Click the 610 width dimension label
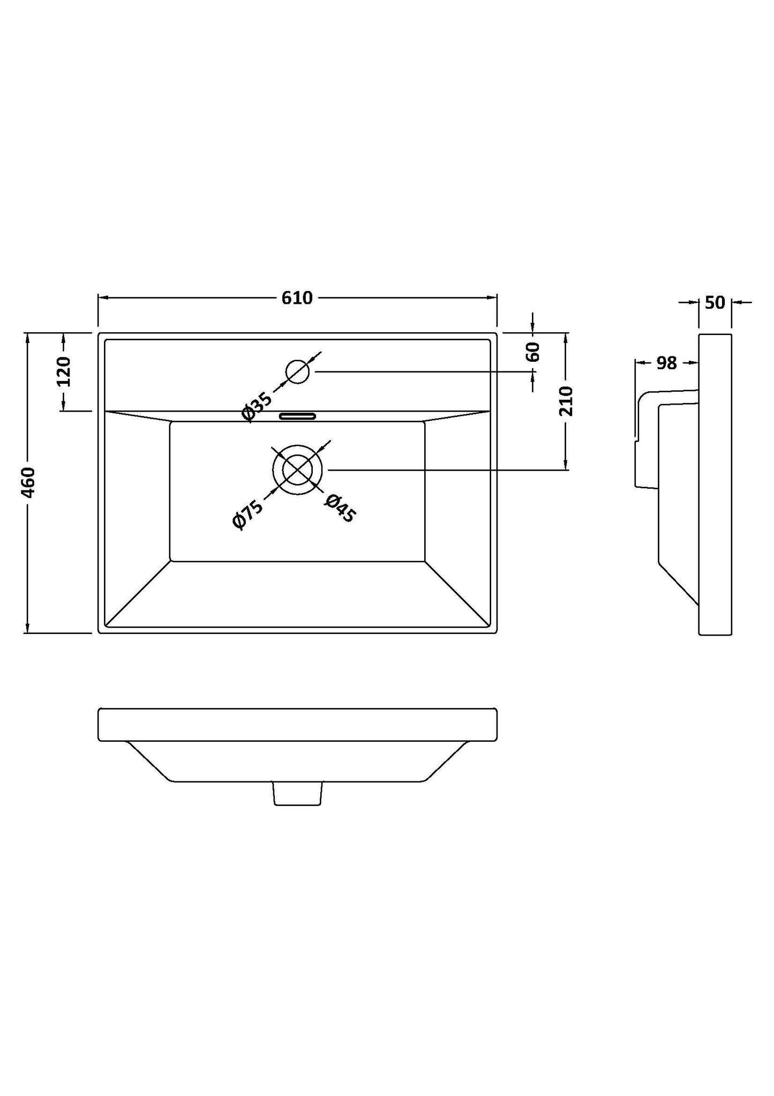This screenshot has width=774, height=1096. pos(297,298)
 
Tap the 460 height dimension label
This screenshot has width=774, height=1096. pos(28,482)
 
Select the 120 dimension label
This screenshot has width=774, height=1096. pos(63,371)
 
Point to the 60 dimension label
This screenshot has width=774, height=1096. pos(532,352)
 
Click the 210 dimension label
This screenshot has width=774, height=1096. pos(566,401)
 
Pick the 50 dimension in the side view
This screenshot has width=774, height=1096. pos(715,303)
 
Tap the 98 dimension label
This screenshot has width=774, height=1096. pos(666,363)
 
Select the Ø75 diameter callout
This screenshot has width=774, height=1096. pos(247,515)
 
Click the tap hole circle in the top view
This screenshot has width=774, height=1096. pos(298,371)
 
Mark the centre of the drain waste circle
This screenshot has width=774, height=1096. pos(297,469)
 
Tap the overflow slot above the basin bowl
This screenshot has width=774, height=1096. pos(298,416)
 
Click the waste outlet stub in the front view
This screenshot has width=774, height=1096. pos(298,793)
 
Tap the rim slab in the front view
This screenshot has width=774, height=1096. pos(297,725)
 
